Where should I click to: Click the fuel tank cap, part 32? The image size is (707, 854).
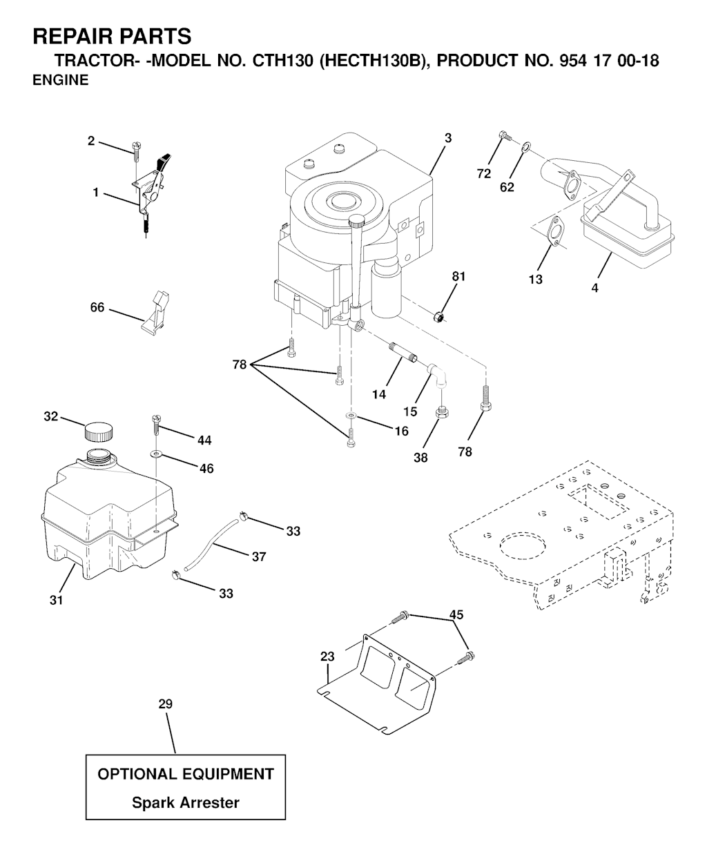click(x=97, y=432)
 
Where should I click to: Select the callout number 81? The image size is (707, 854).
click(x=458, y=277)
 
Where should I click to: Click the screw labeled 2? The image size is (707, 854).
click(x=135, y=148)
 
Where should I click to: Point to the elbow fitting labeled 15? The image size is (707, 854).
click(x=438, y=373)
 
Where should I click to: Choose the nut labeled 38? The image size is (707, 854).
click(x=440, y=414)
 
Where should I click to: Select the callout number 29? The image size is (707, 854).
click(x=165, y=704)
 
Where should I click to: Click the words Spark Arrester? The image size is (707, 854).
click(x=186, y=802)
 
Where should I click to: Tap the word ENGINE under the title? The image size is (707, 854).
click(x=61, y=80)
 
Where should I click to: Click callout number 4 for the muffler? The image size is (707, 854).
click(x=594, y=289)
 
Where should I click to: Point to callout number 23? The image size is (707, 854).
click(x=327, y=657)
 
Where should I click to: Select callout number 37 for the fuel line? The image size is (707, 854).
click(x=259, y=556)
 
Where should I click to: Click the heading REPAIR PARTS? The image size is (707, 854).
click(x=112, y=36)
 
